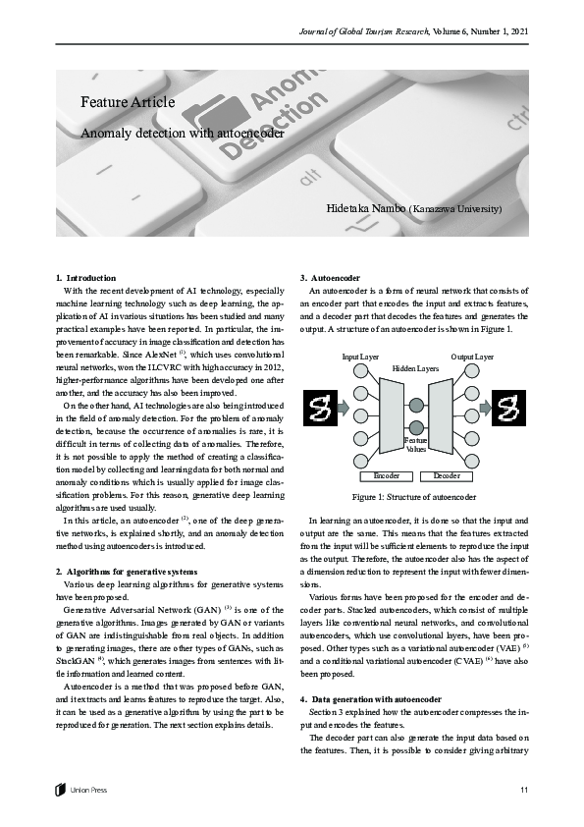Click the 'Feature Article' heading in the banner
pyautogui.click(x=128, y=101)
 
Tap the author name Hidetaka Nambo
pyautogui.click(x=366, y=209)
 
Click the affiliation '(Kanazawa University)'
pyautogui.click(x=456, y=209)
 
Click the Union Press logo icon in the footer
pyautogui.click(x=61, y=789)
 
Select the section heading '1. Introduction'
pyautogui.click(x=86, y=278)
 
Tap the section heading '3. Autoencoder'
pyautogui.click(x=332, y=278)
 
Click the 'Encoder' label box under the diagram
pyautogui.click(x=388, y=476)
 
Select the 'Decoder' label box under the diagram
pyautogui.click(x=447, y=476)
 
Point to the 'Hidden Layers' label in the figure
pyautogui.click(x=416, y=367)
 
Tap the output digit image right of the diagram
pyautogui.click(x=509, y=406)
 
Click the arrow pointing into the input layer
pyautogui.click(x=343, y=406)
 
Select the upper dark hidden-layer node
pyautogui.click(x=416, y=405)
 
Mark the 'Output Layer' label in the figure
pyautogui.click(x=472, y=356)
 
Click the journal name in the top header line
pyautogui.click(x=369, y=33)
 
